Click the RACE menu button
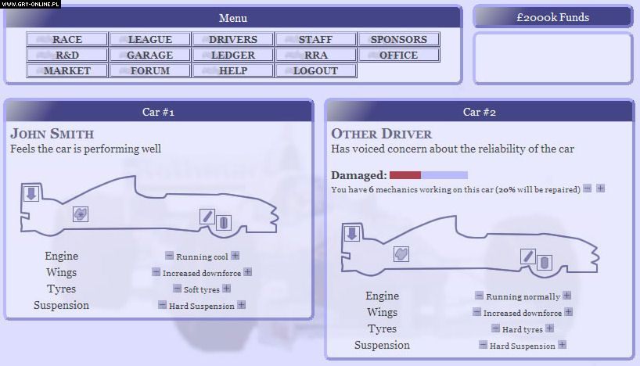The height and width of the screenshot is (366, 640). pyautogui.click(x=67, y=39)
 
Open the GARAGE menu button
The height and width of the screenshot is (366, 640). pyautogui.click(x=149, y=55)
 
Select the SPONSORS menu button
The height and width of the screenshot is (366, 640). pyautogui.click(x=398, y=39)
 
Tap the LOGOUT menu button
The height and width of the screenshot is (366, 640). pyautogui.click(x=315, y=70)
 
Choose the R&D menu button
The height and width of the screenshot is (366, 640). pyautogui.click(x=67, y=55)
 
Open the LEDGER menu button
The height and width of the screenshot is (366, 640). pyautogui.click(x=232, y=55)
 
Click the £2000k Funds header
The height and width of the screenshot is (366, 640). pyautogui.click(x=552, y=17)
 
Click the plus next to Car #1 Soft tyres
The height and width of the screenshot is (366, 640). pyautogui.click(x=227, y=289)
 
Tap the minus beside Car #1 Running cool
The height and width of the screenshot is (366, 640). pyautogui.click(x=169, y=256)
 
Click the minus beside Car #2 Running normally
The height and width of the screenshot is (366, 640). pyautogui.click(x=479, y=295)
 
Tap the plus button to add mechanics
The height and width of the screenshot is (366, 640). pyautogui.click(x=600, y=188)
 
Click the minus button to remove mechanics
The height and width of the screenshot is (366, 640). pyautogui.click(x=588, y=188)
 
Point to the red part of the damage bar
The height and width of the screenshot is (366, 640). pyautogui.click(x=405, y=175)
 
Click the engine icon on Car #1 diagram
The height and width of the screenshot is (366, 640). pyautogui.click(x=81, y=213)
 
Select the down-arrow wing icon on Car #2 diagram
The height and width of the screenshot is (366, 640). pyautogui.click(x=352, y=233)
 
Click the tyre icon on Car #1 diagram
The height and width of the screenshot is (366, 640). pyautogui.click(x=223, y=222)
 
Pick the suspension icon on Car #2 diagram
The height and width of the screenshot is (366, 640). pyautogui.click(x=528, y=256)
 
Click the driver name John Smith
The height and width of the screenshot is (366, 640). pyautogui.click(x=52, y=134)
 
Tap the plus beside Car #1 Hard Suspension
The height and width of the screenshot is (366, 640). pyautogui.click(x=242, y=305)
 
